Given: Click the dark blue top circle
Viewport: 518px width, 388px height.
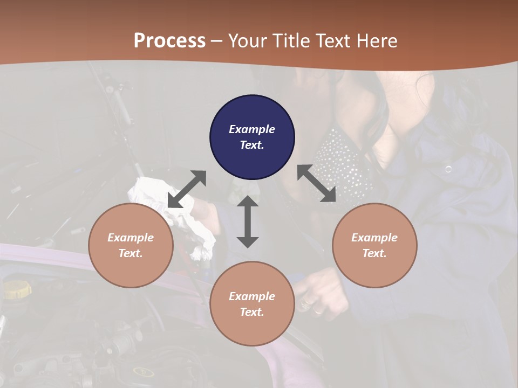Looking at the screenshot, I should pos(252,137).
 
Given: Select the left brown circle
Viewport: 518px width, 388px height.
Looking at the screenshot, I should pos(131,245).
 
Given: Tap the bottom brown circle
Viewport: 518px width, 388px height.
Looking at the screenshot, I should pos(252,303).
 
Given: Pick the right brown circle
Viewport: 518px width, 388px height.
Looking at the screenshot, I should pos(374,245).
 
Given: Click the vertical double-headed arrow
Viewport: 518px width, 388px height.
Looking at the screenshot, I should pos(248,222).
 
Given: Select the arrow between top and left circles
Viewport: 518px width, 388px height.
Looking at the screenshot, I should pos(187,189).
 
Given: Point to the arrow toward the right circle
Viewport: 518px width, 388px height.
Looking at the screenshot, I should pos(317,184).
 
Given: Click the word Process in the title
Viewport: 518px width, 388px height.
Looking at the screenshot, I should pos(169,40).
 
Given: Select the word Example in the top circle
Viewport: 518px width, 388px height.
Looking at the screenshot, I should pos(252,129).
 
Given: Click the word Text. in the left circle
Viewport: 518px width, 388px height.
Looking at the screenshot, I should pos(131,253).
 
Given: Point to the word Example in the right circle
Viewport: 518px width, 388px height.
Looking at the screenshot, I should pos(374,238).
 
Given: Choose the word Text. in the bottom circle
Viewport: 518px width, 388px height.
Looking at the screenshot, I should pos(252,312).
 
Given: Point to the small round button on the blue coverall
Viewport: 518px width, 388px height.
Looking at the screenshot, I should pos(448,169).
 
